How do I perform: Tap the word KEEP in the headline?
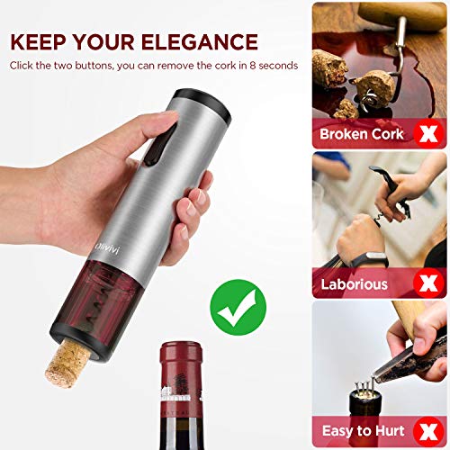click(41, 41)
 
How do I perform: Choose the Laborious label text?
click(355, 284)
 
